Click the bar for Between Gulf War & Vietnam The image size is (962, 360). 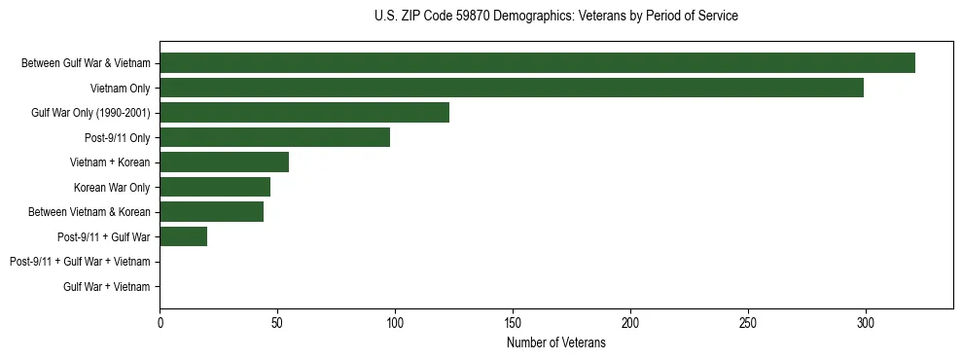(537, 63)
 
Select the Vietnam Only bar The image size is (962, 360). (512, 88)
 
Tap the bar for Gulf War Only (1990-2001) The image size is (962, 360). (304, 113)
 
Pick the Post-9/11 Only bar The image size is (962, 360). (274, 137)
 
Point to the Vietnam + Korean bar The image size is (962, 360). (224, 162)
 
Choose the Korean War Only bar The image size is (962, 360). (215, 187)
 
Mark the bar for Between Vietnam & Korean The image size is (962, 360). (211, 212)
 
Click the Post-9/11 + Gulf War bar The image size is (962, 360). (183, 236)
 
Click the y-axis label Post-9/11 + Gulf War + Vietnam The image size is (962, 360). (80, 262)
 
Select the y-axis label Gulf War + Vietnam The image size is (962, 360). (107, 287)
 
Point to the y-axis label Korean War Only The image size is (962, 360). (112, 188)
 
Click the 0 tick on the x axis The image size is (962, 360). (160, 322)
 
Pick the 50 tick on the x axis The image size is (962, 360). (277, 322)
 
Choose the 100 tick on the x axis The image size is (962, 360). (395, 322)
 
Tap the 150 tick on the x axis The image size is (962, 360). (513, 322)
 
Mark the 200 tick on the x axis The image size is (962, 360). (630, 322)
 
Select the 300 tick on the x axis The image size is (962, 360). (866, 322)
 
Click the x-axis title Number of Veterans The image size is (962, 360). (555, 342)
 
